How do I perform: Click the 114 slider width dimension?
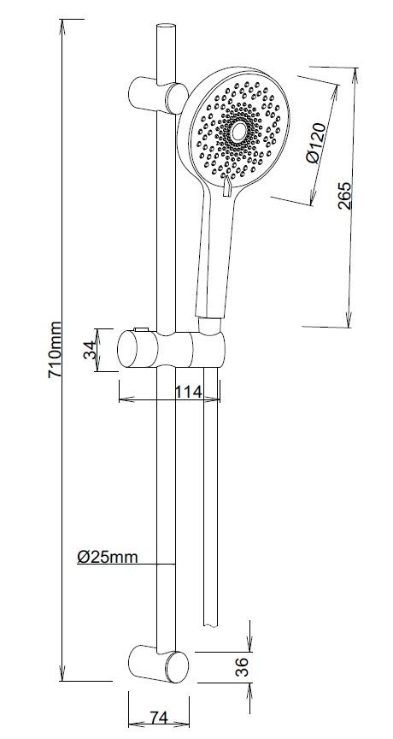(186, 392)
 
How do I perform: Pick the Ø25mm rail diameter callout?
(106, 557)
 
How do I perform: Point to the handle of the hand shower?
(214, 257)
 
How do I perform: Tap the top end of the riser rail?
(165, 29)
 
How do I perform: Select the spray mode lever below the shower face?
(226, 191)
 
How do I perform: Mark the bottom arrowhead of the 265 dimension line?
(350, 322)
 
